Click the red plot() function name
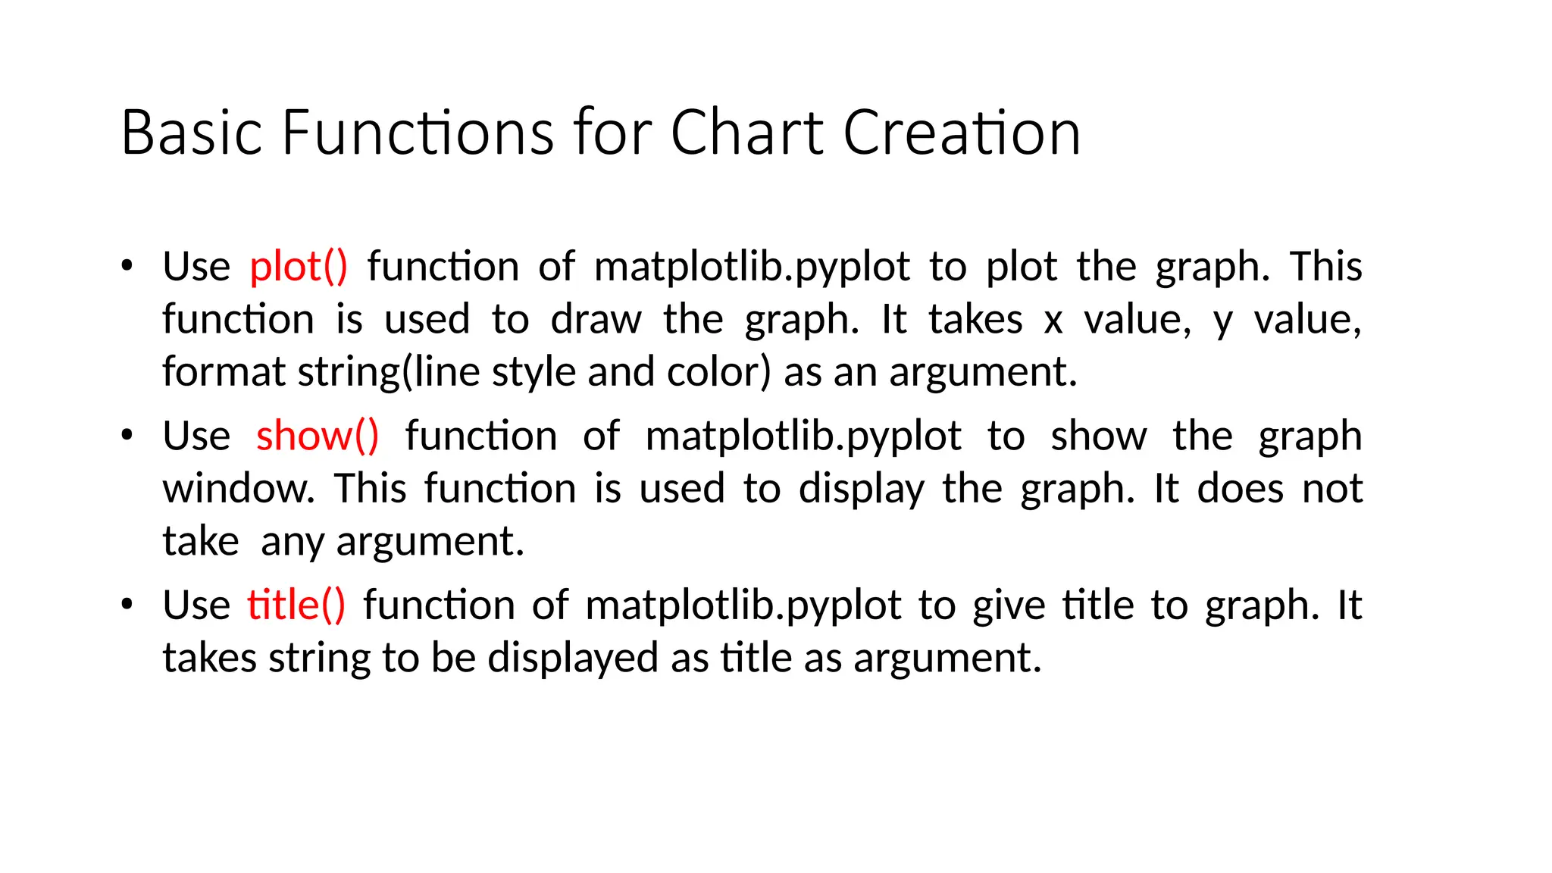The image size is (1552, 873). point(299,268)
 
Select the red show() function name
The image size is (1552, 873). point(317,436)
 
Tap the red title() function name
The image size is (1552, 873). point(296,605)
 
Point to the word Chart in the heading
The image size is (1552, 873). point(746,133)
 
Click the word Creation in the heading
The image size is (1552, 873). point(962,133)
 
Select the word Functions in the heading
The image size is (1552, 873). point(418,133)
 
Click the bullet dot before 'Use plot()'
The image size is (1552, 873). point(127,266)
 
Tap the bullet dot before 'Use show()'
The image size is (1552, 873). point(127,435)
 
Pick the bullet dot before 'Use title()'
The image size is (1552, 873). point(127,604)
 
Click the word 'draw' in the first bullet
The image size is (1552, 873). point(596,320)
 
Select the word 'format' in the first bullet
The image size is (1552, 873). point(224,372)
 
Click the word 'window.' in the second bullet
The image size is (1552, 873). point(238,489)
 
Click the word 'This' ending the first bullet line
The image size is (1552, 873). point(1325,267)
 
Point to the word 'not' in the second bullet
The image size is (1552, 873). point(1332,489)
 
